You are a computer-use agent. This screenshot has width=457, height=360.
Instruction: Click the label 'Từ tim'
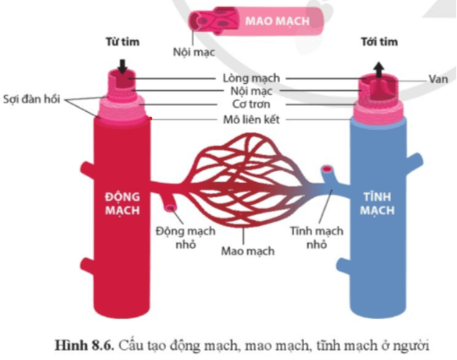(x=123, y=42)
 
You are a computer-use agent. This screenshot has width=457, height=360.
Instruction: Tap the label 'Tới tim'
(x=380, y=42)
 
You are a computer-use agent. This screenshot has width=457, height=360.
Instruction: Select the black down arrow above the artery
(x=123, y=67)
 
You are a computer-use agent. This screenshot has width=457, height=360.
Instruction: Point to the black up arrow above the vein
(x=379, y=70)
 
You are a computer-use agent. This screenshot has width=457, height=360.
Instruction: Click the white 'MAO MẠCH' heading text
(x=277, y=22)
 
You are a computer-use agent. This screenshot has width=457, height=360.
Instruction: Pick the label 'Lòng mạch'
(x=251, y=78)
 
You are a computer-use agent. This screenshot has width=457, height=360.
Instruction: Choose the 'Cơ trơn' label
(x=251, y=104)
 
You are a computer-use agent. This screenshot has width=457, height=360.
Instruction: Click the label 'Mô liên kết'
(x=251, y=120)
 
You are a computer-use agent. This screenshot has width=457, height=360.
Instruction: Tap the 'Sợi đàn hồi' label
(x=32, y=99)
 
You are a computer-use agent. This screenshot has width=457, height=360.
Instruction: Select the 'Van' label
(x=438, y=79)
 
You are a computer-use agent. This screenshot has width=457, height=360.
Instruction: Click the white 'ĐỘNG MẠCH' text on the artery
(x=123, y=203)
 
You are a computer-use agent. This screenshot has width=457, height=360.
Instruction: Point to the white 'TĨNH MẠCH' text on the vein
(x=377, y=203)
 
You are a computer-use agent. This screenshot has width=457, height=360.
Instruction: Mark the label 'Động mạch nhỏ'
(x=186, y=237)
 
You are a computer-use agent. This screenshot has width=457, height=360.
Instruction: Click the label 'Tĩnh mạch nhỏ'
(x=317, y=237)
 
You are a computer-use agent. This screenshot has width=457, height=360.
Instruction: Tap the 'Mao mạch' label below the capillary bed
(x=248, y=251)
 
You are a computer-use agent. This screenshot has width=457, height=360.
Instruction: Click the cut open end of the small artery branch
(x=171, y=208)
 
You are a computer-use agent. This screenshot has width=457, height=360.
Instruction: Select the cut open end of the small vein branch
(x=327, y=169)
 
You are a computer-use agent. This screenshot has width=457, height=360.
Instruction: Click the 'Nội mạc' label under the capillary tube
(x=194, y=52)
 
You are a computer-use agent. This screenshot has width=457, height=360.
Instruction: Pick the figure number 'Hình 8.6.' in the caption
(x=84, y=346)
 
